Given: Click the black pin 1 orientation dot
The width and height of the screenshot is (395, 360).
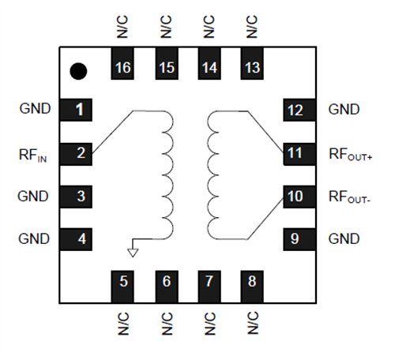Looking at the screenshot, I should point(77,71).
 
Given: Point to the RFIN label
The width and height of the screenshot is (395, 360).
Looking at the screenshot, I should point(33,154).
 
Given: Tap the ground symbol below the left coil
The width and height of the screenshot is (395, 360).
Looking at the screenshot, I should point(133,252).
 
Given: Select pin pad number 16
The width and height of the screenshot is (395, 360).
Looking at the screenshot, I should point(122,68).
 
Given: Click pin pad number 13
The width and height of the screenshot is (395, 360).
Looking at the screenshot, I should point(252,68).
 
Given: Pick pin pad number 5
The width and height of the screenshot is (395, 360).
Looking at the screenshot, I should point(122,281).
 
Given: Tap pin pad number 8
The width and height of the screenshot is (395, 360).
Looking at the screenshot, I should point(252,281).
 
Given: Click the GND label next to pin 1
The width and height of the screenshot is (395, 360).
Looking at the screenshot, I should point(34,110).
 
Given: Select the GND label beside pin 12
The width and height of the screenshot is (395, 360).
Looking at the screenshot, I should point(344,110).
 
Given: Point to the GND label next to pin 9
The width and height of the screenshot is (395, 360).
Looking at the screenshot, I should point(344,238).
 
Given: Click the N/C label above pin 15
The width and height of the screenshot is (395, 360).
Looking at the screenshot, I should point(166,27).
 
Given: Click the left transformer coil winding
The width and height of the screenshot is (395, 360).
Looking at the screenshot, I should point(167,174).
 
